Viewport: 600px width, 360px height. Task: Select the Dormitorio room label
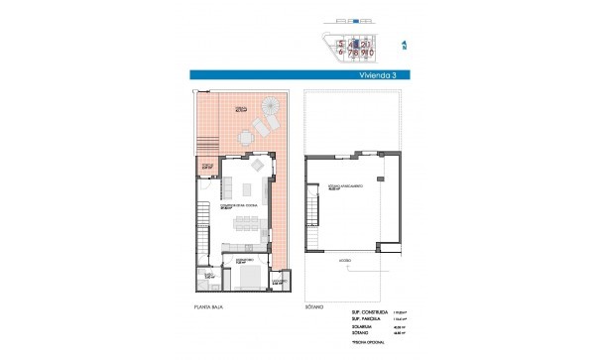(228, 262)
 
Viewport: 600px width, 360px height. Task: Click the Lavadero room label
(280, 283)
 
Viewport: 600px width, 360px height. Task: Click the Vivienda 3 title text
(371, 72)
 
